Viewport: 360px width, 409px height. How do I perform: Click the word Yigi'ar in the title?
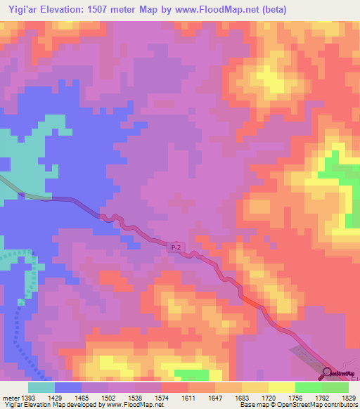[20, 10]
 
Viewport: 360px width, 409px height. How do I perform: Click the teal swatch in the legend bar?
[41, 387]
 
